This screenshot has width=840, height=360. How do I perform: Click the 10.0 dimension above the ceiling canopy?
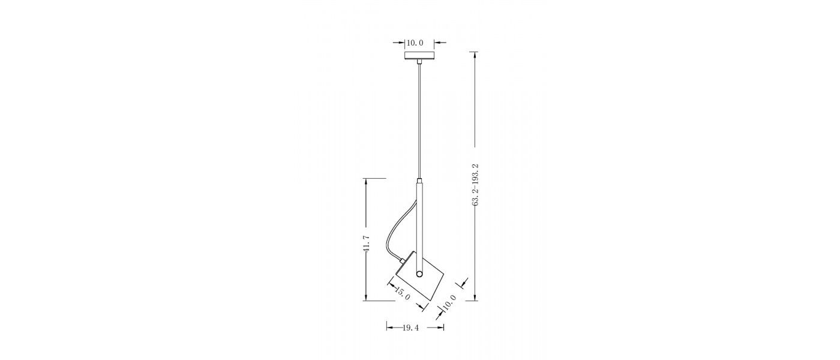click(x=415, y=43)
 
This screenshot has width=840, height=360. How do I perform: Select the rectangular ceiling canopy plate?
click(x=419, y=56)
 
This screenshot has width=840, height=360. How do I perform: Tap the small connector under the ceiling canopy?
click(x=419, y=62)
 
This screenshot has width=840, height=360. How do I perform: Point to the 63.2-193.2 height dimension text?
click(x=475, y=185)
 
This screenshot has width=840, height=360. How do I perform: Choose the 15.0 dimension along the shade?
click(x=403, y=293)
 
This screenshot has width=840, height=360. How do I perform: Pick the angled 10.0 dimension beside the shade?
click(x=449, y=302)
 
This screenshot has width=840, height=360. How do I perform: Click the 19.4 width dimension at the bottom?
click(x=410, y=328)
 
